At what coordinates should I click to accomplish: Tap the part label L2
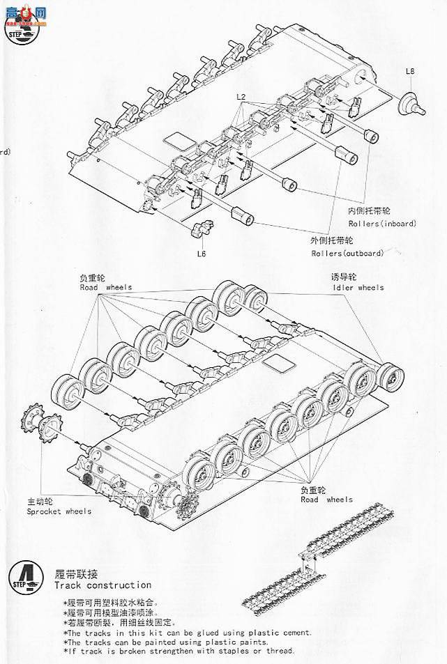click(x=241, y=95)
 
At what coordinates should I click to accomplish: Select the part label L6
click(x=201, y=254)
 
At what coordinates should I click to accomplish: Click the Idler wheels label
click(x=357, y=287)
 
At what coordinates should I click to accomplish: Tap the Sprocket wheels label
click(x=59, y=511)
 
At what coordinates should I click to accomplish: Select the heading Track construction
click(x=102, y=585)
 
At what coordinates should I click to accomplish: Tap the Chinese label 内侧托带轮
click(x=370, y=210)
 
